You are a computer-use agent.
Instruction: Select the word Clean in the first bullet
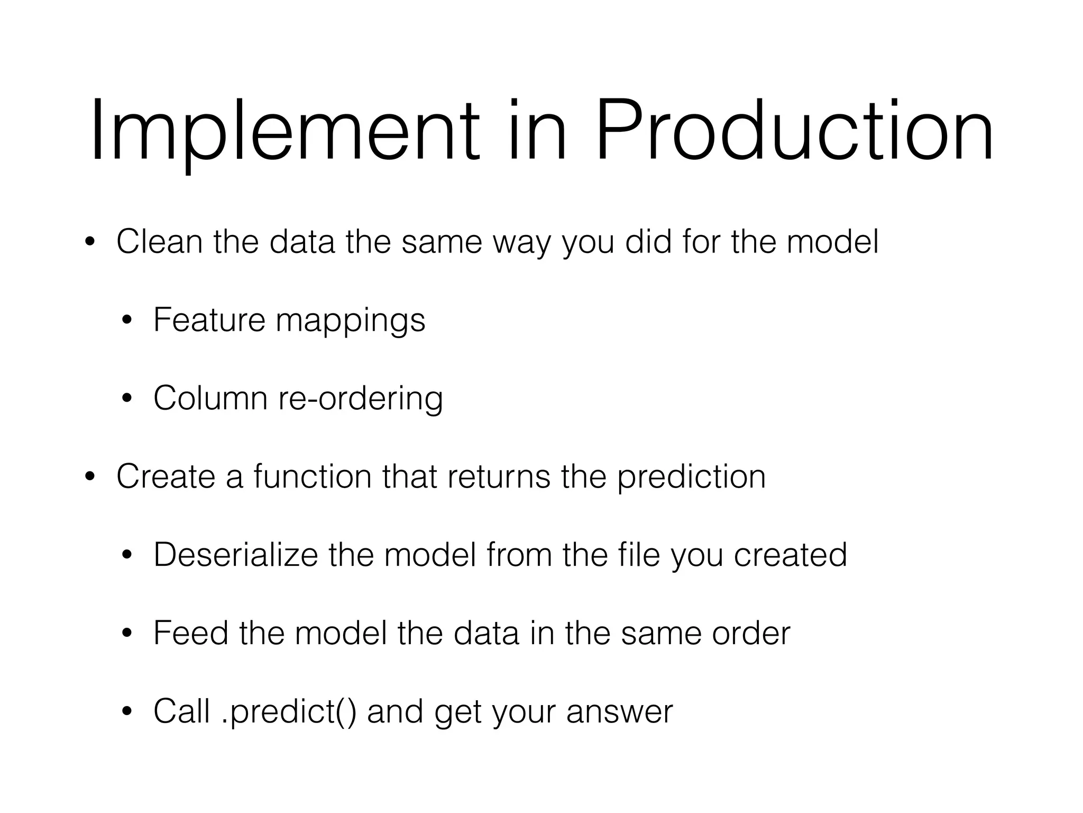click(159, 241)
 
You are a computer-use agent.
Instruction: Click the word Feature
click(209, 320)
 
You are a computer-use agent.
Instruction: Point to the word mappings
click(350, 321)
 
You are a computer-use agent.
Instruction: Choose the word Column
click(210, 398)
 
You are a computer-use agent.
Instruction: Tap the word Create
click(166, 476)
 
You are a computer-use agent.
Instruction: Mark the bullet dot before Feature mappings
click(126, 321)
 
